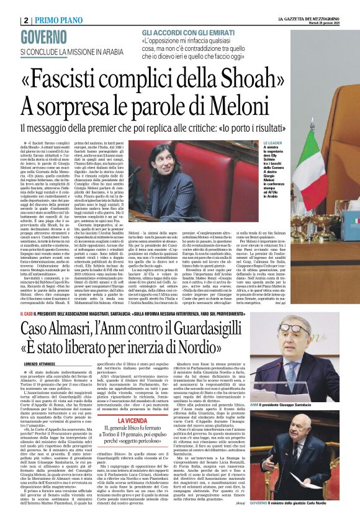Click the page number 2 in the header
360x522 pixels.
[x=26, y=20]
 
